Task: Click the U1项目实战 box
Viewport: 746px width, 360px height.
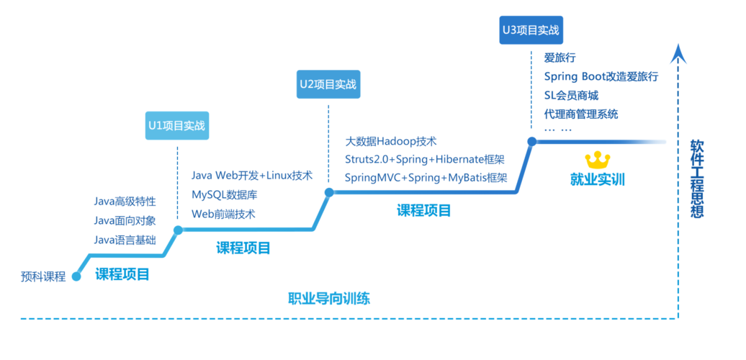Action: point(177,125)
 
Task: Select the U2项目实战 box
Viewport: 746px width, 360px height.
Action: point(328,84)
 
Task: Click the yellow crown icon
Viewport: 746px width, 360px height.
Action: point(597,158)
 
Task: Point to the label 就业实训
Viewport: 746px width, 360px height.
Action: point(597,179)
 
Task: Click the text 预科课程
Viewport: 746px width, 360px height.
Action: point(43,276)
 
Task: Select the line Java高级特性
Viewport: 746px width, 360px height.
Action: point(125,202)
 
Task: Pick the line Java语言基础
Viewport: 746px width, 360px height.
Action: point(125,239)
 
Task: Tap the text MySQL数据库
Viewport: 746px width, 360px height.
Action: point(225,194)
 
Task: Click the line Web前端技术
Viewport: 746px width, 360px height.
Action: point(223,214)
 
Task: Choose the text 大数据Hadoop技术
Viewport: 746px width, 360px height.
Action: point(391,142)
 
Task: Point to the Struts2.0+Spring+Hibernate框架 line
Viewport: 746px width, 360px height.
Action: point(424,159)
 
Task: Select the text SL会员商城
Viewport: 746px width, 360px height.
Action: point(571,95)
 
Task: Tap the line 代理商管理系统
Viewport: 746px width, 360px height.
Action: point(581,114)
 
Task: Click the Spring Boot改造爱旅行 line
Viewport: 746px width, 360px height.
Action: point(601,76)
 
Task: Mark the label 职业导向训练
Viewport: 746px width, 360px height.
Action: point(329,298)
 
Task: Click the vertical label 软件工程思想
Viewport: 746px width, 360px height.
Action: point(696,178)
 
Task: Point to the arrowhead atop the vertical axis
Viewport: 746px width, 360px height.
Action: point(678,54)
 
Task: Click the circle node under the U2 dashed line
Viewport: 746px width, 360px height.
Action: point(328,192)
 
